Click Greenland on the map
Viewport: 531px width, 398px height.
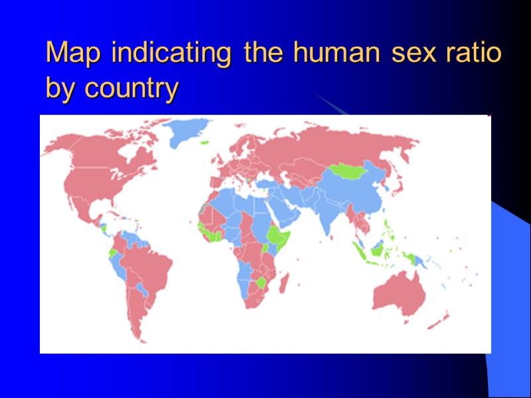point(187,132)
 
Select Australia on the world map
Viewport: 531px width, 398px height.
point(398,292)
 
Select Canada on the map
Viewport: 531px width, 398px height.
point(106,153)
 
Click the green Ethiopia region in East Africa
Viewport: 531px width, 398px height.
point(276,235)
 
